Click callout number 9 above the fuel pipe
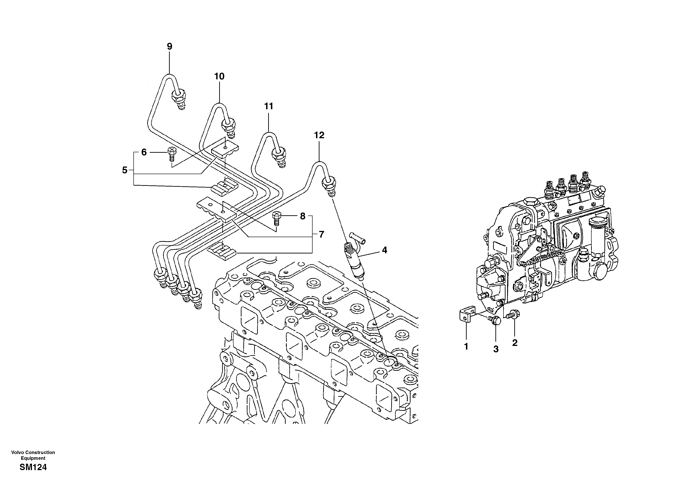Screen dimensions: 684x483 169,46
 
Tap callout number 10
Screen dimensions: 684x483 219,77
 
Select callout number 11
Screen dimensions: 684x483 268,106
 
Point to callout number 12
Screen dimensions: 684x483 319,135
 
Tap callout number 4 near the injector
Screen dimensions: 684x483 384,250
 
